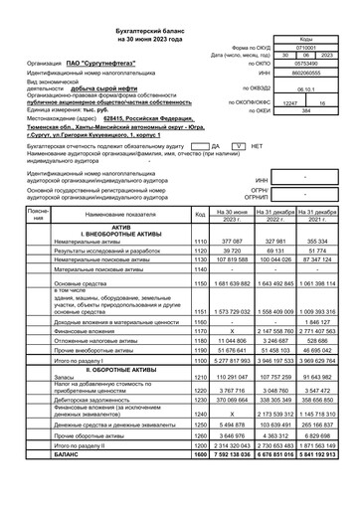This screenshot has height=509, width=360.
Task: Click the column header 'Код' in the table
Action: [x=200, y=214]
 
